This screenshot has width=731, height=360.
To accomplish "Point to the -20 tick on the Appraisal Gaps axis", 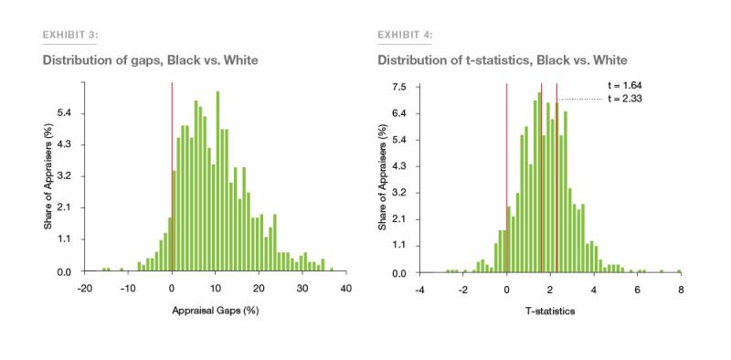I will (x=84, y=288).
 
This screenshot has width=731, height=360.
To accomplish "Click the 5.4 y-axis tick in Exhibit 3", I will (x=64, y=113).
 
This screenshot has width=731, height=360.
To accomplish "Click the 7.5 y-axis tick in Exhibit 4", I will (x=399, y=87).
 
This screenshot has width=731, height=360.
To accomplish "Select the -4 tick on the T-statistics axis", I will (x=418, y=289).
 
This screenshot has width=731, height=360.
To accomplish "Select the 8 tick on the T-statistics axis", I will (x=681, y=289).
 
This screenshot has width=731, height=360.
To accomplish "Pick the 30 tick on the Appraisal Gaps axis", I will (x=302, y=288).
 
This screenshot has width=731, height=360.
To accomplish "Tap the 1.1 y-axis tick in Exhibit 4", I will (x=399, y=246).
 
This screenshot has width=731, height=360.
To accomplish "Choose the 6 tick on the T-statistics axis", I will (x=637, y=289).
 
